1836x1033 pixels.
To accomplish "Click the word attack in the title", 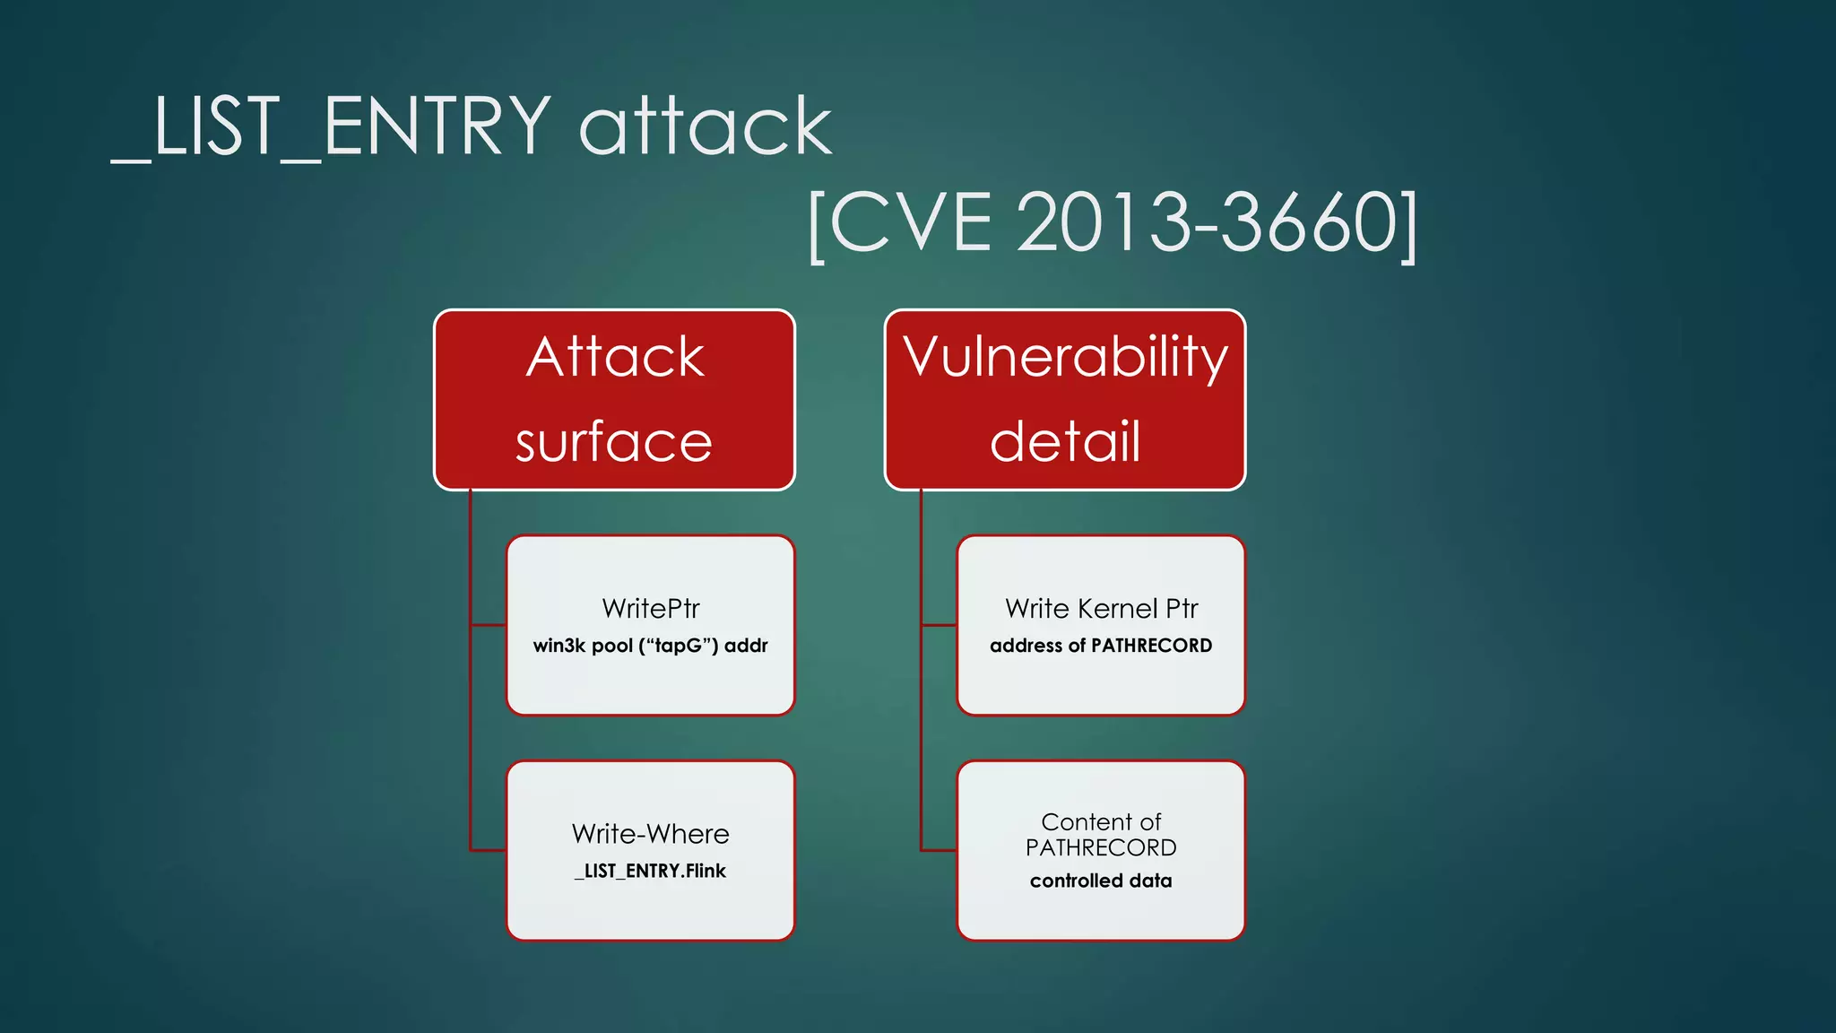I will (706, 126).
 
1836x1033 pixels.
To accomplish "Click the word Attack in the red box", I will (615, 357).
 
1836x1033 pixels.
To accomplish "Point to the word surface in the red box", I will (614, 442).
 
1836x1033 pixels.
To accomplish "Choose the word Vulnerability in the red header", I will (1065, 357).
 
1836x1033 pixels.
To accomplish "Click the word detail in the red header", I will (1065, 442).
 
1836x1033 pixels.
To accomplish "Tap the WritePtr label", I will (651, 609).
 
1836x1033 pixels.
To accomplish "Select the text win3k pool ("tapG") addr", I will (651, 646).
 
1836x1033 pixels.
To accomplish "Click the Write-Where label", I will (651, 834).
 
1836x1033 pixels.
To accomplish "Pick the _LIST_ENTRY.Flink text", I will (651, 871).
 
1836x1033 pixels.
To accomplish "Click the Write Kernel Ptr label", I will (1101, 609).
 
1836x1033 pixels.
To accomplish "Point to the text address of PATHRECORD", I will (1101, 646).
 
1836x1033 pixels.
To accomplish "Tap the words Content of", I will (1101, 821).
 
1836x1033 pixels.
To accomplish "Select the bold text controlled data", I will (1101, 881).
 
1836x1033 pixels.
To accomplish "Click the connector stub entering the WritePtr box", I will (489, 625).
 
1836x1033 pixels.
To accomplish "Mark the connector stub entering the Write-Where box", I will (489, 850).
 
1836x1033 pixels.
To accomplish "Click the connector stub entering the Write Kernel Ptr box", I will (939, 625).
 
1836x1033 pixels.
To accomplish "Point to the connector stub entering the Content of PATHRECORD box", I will (939, 850).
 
